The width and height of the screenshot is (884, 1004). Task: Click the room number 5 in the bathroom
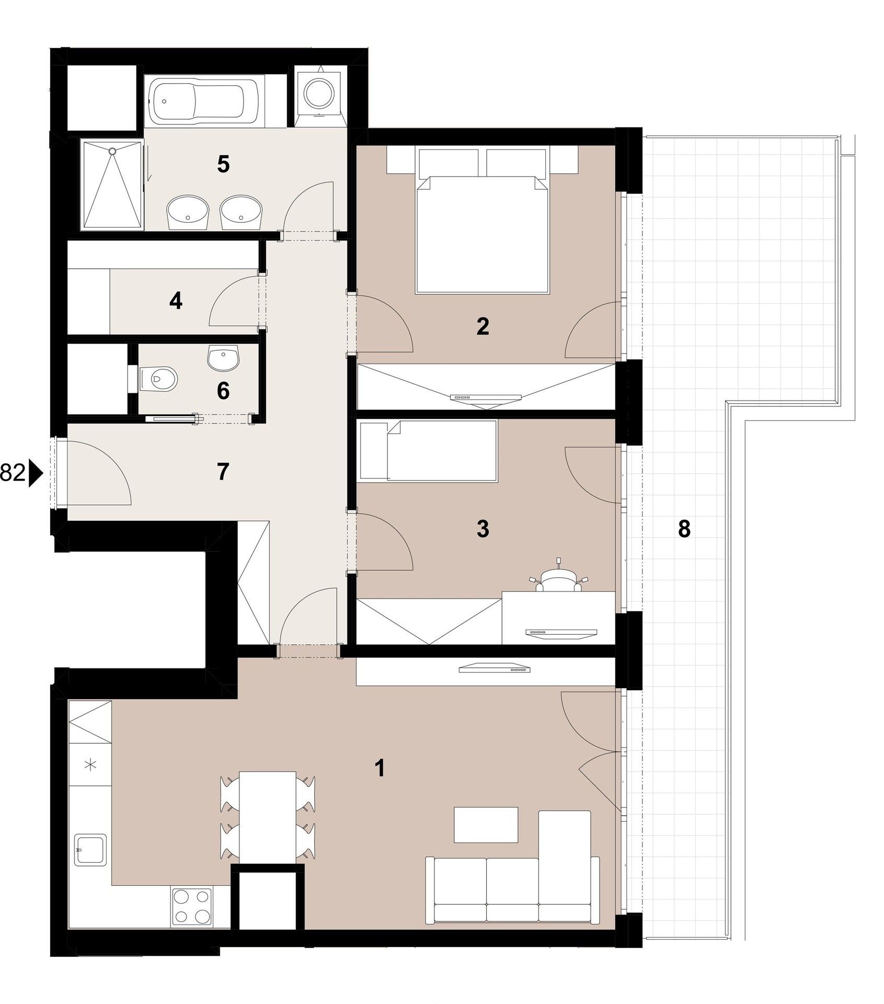pyautogui.click(x=223, y=165)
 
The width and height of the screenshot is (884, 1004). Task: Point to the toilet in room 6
pyautogui.click(x=160, y=377)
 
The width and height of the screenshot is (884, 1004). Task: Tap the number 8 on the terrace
pyautogui.click(x=684, y=529)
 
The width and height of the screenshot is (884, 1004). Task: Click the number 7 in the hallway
pyautogui.click(x=223, y=472)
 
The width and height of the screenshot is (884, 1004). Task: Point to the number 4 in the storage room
pyautogui.click(x=176, y=301)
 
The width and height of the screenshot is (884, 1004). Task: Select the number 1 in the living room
pyautogui.click(x=380, y=768)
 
